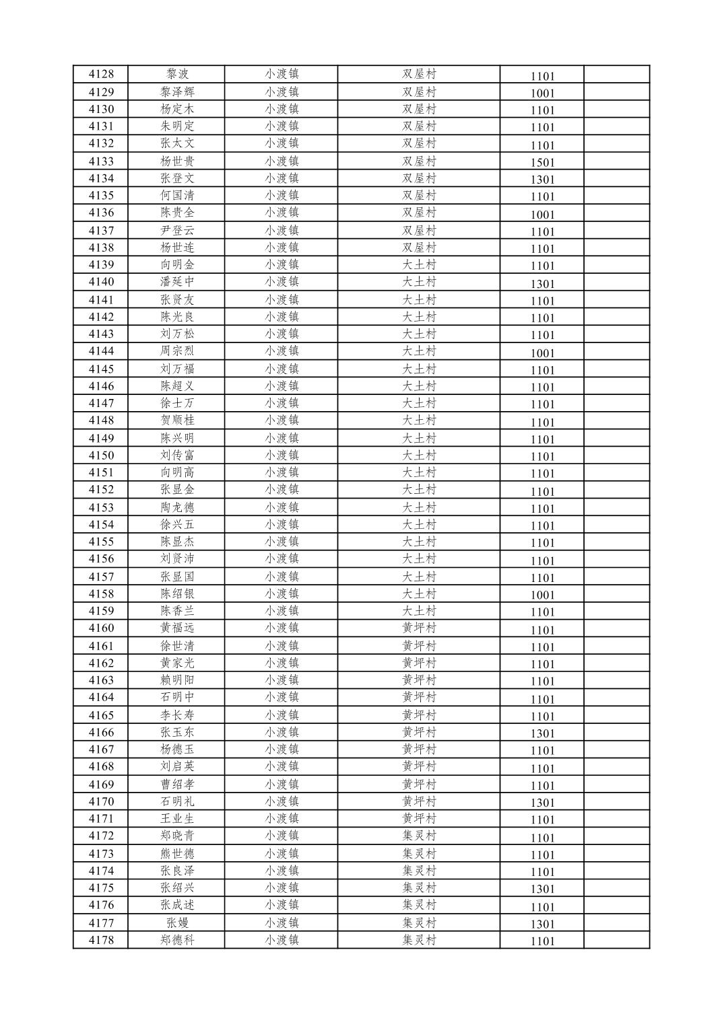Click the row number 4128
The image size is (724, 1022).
tap(101, 74)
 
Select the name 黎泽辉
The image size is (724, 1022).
tap(177, 92)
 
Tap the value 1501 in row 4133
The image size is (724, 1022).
tap(542, 162)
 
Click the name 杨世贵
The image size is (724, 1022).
tap(177, 161)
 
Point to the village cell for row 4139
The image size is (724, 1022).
tap(419, 264)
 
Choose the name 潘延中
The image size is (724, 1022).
tap(177, 282)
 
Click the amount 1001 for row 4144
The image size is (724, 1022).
tap(542, 353)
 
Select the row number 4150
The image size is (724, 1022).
tap(101, 455)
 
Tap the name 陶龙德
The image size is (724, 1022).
tap(177, 507)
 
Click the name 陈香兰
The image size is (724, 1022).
tap(177, 611)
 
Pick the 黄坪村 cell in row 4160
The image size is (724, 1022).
tap(419, 628)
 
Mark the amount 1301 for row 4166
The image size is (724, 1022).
tap(542, 733)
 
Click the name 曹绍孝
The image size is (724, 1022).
tap(177, 784)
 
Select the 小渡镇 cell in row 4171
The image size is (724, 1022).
tap(282, 818)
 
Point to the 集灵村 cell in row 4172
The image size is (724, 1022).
tap(419, 836)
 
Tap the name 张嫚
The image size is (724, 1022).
tap(177, 922)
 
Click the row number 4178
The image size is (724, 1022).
tap(101, 940)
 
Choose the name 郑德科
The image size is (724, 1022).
tap(177, 940)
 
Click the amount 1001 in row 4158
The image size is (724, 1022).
tap(542, 595)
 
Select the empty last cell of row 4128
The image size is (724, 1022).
tap(616, 74)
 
